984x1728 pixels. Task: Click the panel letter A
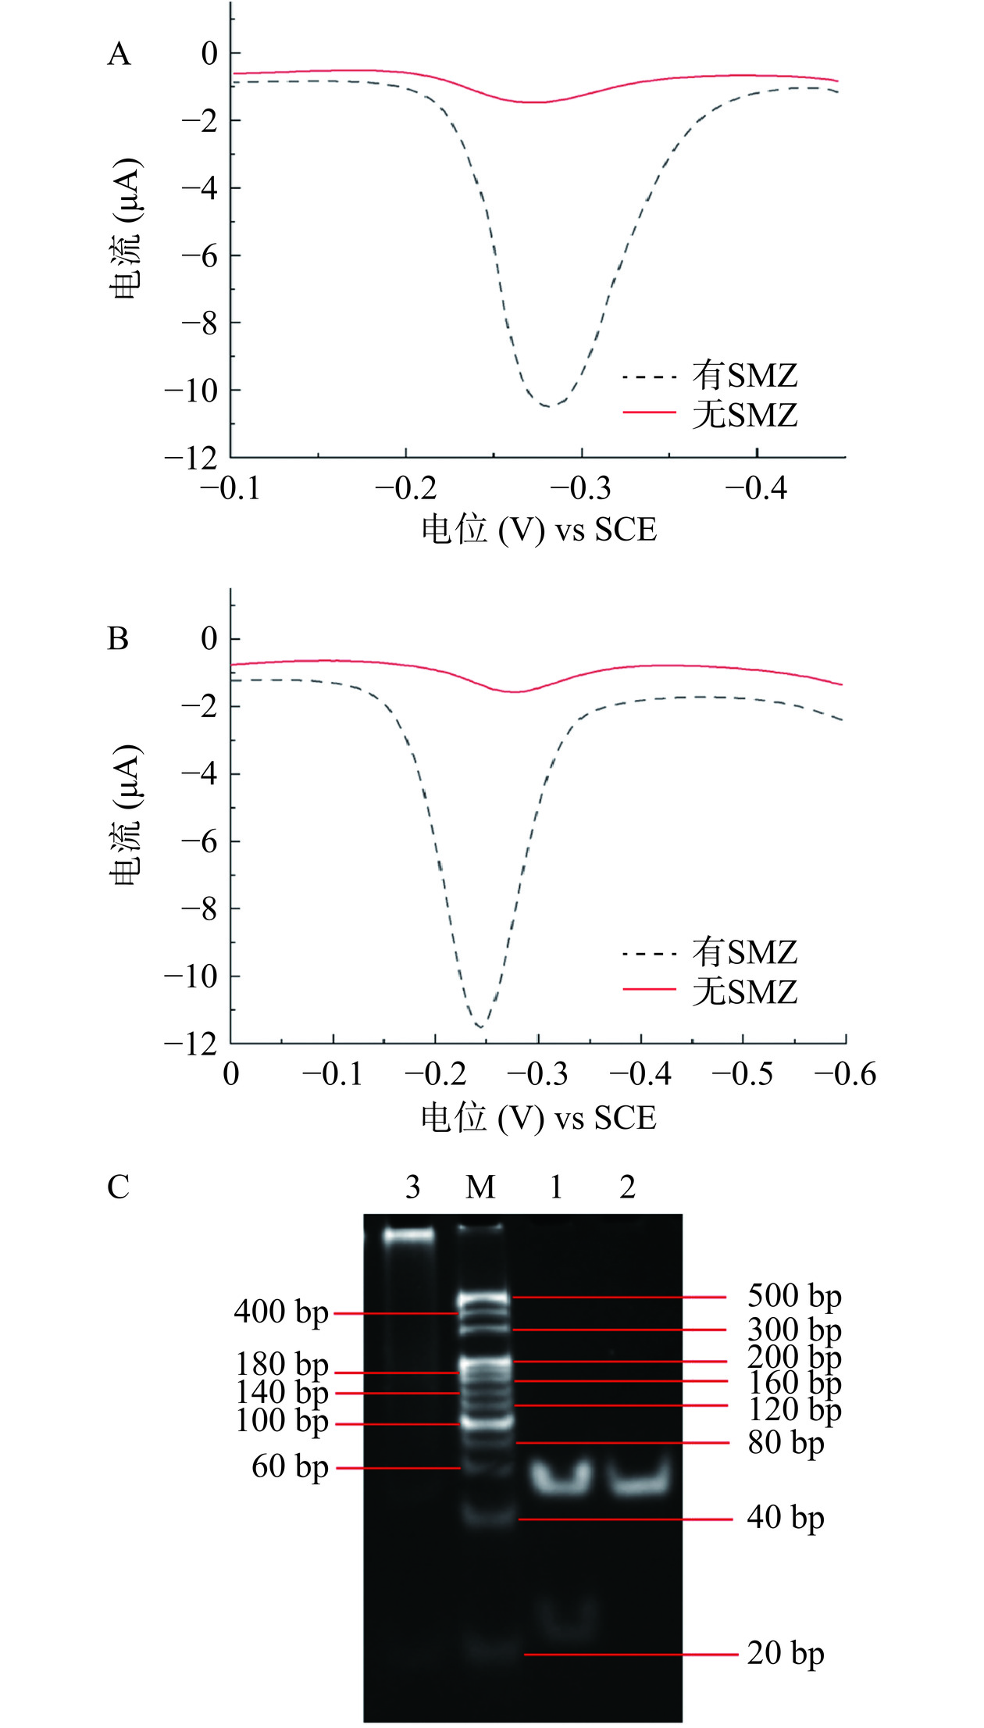pyautogui.click(x=119, y=55)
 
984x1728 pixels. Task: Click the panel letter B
pyautogui.click(x=118, y=639)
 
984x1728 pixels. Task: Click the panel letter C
pyautogui.click(x=118, y=1187)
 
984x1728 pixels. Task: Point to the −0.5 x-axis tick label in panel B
pyautogui.click(x=742, y=1074)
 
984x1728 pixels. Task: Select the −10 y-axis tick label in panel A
pyautogui.click(x=191, y=390)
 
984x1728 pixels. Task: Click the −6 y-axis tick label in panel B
pyautogui.click(x=199, y=841)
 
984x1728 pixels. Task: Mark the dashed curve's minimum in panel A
pyautogui.click(x=548, y=406)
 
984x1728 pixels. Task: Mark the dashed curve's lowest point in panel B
pyautogui.click(x=480, y=1026)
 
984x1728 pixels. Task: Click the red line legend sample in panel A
pyautogui.click(x=649, y=412)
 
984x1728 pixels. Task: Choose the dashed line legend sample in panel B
pyautogui.click(x=649, y=954)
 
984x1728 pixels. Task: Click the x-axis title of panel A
pyautogui.click(x=539, y=530)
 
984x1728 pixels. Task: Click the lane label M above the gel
pyautogui.click(x=480, y=1187)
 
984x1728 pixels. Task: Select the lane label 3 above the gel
pyautogui.click(x=412, y=1187)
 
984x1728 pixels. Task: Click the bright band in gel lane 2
pyautogui.click(x=639, y=1479)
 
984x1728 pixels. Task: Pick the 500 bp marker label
pyautogui.click(x=794, y=1296)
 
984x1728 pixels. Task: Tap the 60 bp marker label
pyautogui.click(x=290, y=1467)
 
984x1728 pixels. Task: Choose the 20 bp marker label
pyautogui.click(x=786, y=1654)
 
